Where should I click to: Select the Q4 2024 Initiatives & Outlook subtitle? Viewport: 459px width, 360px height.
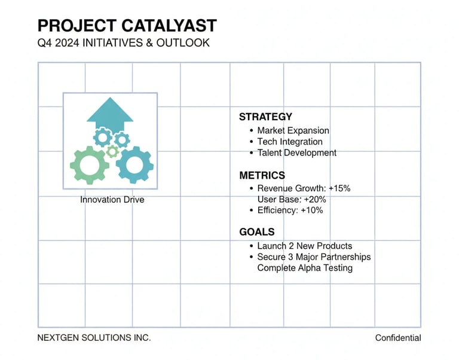tap(124, 44)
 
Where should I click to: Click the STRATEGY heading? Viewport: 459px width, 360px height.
tap(265, 117)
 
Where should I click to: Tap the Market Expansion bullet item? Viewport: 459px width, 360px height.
tap(293, 130)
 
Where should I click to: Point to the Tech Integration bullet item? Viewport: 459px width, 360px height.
tap(289, 142)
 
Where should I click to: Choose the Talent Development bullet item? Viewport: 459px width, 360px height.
tap(296, 152)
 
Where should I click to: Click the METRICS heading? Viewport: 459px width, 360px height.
tap(262, 175)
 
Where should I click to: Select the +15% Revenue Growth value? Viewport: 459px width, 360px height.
tap(339, 188)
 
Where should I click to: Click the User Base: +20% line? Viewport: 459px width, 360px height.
tap(292, 199)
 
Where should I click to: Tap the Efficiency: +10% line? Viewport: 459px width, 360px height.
tap(290, 210)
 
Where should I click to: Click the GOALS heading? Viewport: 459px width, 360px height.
tap(257, 232)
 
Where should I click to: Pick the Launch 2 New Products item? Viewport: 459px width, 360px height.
tap(304, 246)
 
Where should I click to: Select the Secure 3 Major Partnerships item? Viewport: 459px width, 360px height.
tap(314, 257)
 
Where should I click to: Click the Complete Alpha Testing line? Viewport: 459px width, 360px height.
tap(305, 268)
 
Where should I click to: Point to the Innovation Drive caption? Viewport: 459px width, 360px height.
tap(112, 200)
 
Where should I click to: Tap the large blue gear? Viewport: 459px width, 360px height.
tap(134, 164)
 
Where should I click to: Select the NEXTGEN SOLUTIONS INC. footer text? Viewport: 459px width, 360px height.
tap(94, 338)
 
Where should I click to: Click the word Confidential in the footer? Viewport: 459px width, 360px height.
tap(398, 338)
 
